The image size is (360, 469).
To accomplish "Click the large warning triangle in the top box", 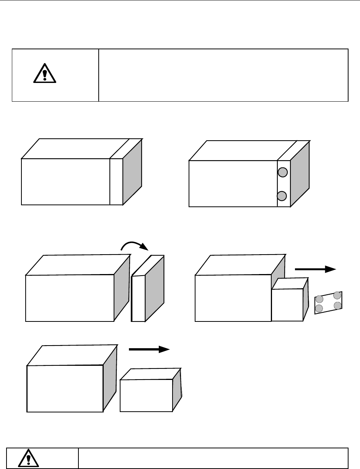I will click(45, 74).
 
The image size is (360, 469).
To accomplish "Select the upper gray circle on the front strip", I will click(282, 173).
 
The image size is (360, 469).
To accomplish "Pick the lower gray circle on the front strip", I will click(282, 196).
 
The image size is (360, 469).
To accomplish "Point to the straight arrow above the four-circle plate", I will click(315, 269).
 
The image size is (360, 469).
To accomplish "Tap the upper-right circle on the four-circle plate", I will click(337, 295).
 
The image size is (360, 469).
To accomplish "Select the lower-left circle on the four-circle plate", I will click(319, 308).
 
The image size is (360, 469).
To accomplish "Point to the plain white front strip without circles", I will click(116, 182).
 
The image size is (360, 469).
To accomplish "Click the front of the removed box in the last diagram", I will click(146, 395).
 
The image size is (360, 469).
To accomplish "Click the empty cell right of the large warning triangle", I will click(223, 75).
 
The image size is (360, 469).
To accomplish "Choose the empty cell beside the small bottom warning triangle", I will click(213, 458).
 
